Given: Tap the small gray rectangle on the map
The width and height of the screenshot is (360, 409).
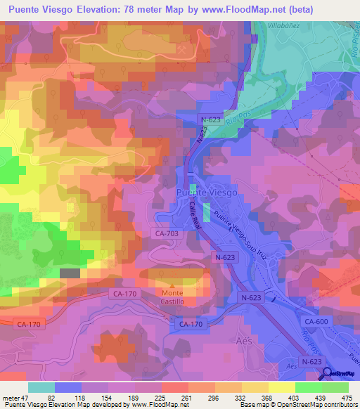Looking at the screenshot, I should tap(70, 273).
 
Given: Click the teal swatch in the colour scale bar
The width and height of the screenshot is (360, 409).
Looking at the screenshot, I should tap(41, 388).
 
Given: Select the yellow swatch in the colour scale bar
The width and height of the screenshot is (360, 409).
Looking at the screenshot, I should tap(281, 388).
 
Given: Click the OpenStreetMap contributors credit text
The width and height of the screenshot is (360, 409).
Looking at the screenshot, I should tap(314, 404).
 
